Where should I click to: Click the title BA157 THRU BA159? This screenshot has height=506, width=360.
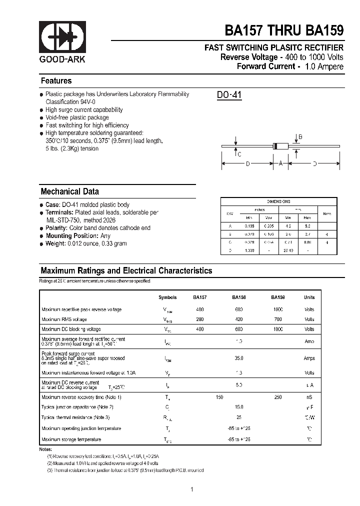284,30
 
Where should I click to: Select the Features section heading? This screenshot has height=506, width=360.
56,81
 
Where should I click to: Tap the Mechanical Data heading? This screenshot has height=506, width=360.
69,191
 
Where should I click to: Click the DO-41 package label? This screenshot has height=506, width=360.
229,94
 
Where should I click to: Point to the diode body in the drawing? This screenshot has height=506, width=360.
280,146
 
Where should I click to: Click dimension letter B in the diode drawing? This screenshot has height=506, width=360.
300,137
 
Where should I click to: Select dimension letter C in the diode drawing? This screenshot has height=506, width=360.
239,154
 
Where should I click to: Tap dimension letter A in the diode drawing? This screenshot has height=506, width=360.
280,163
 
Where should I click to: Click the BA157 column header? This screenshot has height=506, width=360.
200,297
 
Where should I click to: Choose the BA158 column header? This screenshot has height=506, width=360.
238,297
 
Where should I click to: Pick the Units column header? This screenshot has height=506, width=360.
309,297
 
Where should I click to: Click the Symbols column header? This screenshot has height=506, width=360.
167,297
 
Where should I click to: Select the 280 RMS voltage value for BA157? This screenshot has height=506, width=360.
200,319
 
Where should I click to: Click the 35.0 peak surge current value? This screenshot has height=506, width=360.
239,358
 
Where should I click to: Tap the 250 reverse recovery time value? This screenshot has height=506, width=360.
278,397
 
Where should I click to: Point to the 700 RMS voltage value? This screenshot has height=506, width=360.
278,319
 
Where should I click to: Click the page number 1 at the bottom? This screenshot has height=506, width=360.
192,489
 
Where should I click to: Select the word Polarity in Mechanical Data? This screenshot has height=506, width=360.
56,228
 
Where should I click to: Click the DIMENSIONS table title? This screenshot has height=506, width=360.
278,201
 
